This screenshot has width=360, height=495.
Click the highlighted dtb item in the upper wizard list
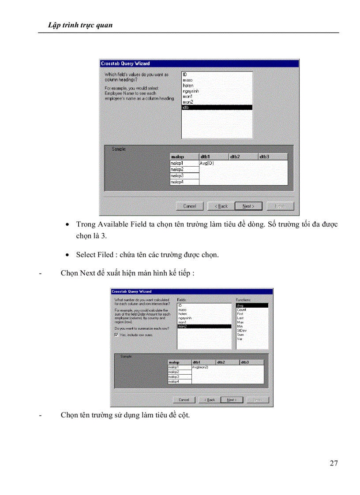tap(216, 107)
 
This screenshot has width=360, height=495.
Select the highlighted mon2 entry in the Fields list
tap(204, 326)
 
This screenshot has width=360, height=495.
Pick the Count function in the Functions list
tap(241, 310)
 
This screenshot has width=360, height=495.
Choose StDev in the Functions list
tap(241, 330)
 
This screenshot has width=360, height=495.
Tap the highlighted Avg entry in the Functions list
tap(251, 305)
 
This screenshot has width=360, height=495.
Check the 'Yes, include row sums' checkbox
tap(116, 335)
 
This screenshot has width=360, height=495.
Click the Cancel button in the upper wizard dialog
tap(190, 206)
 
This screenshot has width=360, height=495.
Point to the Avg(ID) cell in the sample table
tap(207, 163)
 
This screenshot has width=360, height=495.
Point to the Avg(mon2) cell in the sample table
tap(200, 367)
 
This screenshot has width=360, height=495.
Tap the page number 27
tap(334, 463)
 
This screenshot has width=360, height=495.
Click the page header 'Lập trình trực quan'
tap(80, 25)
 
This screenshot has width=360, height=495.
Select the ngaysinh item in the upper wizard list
tap(191, 91)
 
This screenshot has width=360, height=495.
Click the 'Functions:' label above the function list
tap(243, 300)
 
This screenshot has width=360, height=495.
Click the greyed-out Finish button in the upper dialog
tap(280, 206)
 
